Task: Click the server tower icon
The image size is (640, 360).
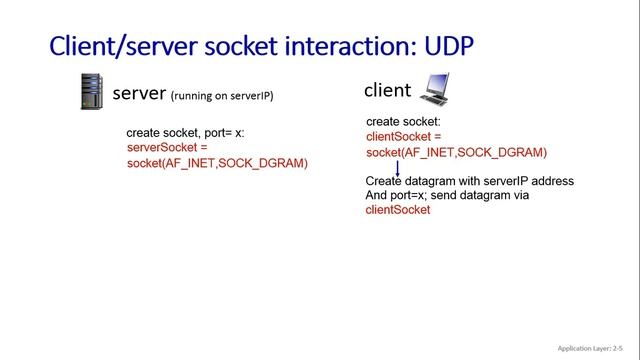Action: [92, 92]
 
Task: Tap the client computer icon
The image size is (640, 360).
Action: [436, 90]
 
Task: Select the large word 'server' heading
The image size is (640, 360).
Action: [139, 94]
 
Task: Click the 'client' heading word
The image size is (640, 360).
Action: [387, 90]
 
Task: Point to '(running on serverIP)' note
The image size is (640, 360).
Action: [222, 96]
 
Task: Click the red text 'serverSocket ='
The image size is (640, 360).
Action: [168, 147]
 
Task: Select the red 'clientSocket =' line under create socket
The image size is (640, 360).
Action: [404, 136]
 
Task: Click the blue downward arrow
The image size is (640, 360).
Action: [398, 169]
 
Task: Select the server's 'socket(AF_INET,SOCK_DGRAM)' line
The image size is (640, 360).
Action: [217, 162]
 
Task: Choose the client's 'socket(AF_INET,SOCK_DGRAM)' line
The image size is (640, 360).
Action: [456, 152]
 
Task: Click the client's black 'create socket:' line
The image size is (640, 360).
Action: [402, 121]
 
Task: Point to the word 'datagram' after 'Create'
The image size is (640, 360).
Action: [432, 181]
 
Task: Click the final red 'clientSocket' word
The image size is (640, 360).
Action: [398, 210]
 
